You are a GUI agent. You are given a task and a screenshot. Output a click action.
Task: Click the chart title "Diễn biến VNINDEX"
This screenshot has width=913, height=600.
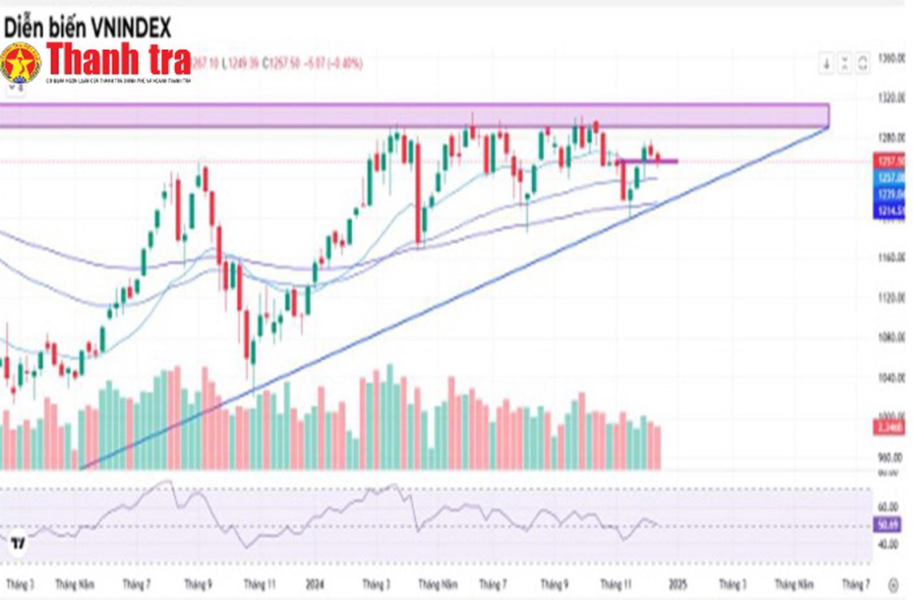click(x=87, y=27)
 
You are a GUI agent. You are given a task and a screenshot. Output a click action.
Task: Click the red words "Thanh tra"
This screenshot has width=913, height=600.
click(x=119, y=59)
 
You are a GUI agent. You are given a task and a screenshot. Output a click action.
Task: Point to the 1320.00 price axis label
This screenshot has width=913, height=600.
click(x=891, y=98)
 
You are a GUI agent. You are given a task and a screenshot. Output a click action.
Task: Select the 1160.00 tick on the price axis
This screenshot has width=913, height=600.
click(x=891, y=258)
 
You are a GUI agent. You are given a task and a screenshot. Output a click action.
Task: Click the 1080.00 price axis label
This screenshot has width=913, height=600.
click(x=891, y=338)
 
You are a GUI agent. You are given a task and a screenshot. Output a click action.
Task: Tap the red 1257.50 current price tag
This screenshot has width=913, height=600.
click(x=889, y=162)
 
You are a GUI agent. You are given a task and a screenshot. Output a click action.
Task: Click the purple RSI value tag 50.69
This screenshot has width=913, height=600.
click(x=887, y=524)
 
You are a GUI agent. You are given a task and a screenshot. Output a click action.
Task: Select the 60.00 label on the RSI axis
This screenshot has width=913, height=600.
click(x=888, y=507)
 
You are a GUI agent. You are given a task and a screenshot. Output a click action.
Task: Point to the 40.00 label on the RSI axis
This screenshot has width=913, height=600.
click(x=888, y=545)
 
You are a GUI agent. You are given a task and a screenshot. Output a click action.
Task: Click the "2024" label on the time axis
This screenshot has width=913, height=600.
click(x=314, y=585)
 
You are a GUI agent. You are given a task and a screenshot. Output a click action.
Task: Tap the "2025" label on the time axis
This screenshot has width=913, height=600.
click(x=677, y=585)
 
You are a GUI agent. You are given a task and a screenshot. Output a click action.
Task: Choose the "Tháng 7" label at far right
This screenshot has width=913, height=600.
click(x=855, y=585)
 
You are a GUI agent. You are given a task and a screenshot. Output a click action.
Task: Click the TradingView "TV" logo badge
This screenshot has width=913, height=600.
click(x=18, y=543)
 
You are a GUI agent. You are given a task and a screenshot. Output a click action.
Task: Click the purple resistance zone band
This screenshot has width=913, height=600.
click(x=399, y=116)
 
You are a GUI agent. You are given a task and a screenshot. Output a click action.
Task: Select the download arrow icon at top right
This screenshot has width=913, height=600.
click(x=826, y=63)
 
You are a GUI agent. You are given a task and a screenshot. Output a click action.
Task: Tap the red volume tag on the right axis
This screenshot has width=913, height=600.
click(x=888, y=426)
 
